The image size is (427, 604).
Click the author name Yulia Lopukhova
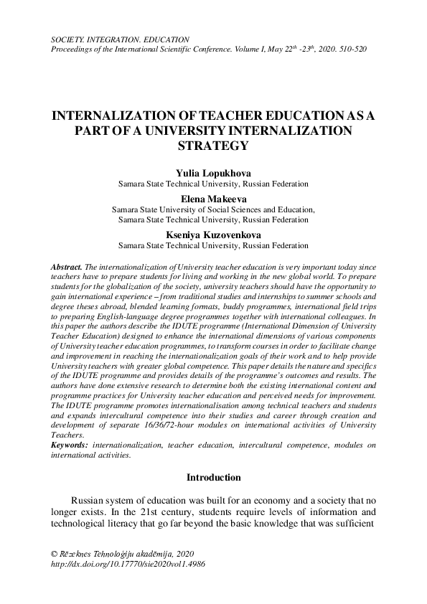tap(213, 173)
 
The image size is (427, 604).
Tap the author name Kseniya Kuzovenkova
tap(213, 235)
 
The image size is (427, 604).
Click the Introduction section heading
tap(213, 477)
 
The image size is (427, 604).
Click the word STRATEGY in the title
tap(213, 145)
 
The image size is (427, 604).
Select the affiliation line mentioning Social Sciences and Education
tap(213, 210)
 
